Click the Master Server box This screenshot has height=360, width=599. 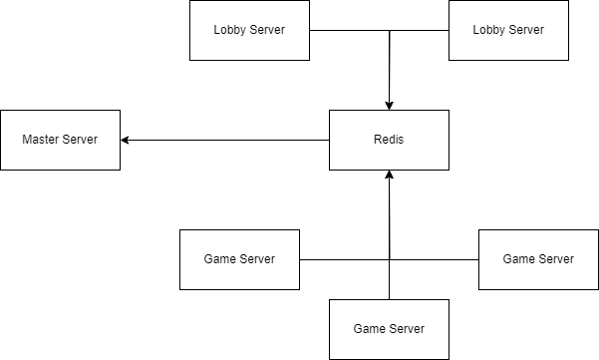pos(60,140)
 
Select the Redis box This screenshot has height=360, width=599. pos(389,140)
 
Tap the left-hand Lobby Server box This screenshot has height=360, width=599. pos(249,30)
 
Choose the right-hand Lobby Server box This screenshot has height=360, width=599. pos(508,30)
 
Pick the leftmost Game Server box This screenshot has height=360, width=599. pos(239,259)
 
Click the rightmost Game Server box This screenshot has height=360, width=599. pos(538,259)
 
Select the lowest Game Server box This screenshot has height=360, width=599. pos(389,329)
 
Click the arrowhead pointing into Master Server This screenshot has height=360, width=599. pos(127,140)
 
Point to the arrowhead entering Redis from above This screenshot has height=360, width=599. pos(389,104)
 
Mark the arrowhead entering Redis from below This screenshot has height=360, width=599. pos(389,176)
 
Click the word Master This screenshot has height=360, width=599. pos(41,140)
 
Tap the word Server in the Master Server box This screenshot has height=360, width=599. pos(80,140)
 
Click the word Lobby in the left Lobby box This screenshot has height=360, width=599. pos(230,30)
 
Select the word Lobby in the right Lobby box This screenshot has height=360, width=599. pos(489,30)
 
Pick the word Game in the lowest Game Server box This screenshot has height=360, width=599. pos(371,329)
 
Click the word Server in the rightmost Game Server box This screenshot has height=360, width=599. pos(556,259)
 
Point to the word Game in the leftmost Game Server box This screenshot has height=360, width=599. pos(221,259)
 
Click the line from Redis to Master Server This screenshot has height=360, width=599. pos(229,140)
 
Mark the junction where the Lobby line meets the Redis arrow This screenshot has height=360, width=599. pos(389,30)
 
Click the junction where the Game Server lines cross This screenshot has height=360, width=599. pos(389,259)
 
